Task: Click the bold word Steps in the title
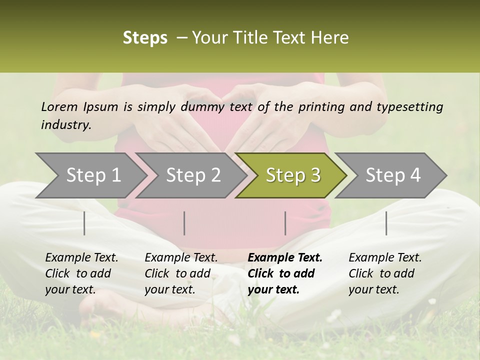pyautogui.click(x=145, y=38)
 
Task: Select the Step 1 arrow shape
pyautogui.click(x=90, y=175)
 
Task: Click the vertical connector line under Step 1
pyautogui.click(x=84, y=223)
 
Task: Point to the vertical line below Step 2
pyautogui.click(x=184, y=223)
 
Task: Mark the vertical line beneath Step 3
pyautogui.click(x=285, y=223)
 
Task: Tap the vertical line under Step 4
pyautogui.click(x=386, y=223)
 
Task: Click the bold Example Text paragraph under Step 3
pyautogui.click(x=284, y=273)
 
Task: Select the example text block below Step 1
pyautogui.click(x=81, y=273)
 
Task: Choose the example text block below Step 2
pyautogui.click(x=181, y=273)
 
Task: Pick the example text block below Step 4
pyautogui.click(x=385, y=273)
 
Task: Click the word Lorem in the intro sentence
pyautogui.click(x=59, y=106)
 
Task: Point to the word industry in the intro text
pyautogui.click(x=66, y=125)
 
